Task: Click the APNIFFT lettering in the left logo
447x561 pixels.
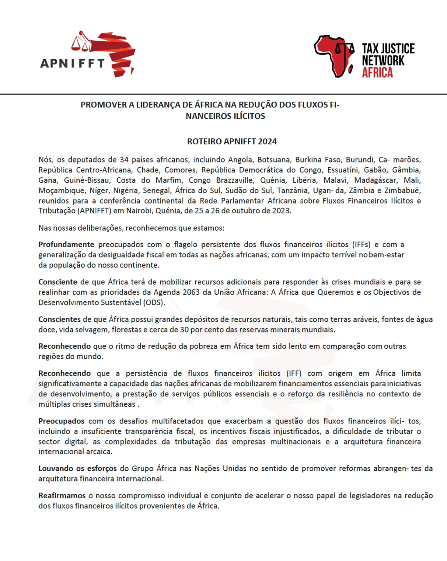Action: click(73, 63)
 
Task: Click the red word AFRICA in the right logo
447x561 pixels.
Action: click(377, 73)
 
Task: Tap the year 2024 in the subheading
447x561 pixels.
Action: click(267, 142)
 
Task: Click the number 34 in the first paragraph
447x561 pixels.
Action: click(124, 160)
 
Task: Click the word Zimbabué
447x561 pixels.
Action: click(402, 190)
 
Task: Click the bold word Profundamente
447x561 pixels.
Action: click(66, 245)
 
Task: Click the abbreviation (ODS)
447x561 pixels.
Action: click(154, 302)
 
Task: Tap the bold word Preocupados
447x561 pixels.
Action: click(61, 421)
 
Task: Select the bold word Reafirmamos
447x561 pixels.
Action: click(62, 496)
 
